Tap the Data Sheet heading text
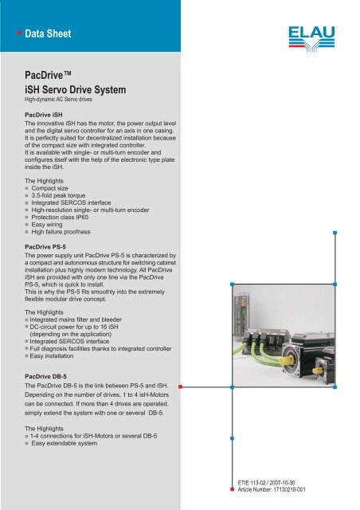pos(49,34)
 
